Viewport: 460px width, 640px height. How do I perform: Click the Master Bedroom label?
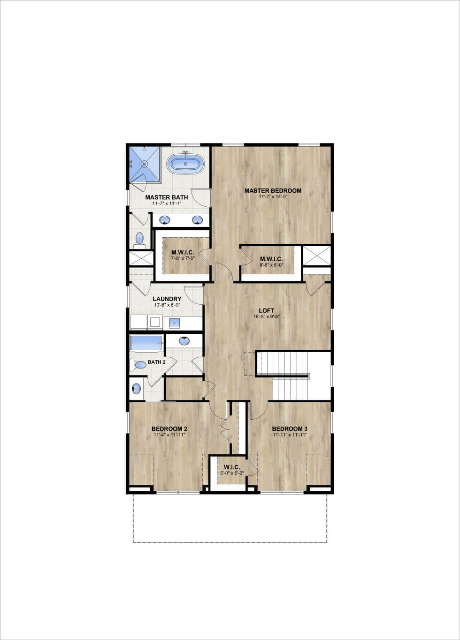(x=273, y=190)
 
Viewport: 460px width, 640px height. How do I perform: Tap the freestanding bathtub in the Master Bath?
(x=185, y=164)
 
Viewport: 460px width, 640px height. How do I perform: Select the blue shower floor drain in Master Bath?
(x=145, y=164)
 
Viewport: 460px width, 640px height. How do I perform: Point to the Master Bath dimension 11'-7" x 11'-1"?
(x=167, y=203)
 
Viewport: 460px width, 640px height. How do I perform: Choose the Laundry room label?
(x=167, y=299)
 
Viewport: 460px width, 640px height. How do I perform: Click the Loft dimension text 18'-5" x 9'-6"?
(x=266, y=316)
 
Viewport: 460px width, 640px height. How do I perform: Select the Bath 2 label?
(x=156, y=362)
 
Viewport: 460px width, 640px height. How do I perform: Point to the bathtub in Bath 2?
(x=146, y=343)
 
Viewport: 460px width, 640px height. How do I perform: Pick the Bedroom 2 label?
(x=169, y=429)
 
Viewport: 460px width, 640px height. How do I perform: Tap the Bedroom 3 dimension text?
(x=290, y=435)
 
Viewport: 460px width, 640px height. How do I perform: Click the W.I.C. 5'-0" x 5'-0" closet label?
(x=232, y=467)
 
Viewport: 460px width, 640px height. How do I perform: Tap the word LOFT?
(x=266, y=310)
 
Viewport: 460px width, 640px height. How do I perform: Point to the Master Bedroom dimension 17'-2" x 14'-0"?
(x=273, y=197)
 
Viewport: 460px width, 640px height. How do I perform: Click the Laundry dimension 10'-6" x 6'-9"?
(x=167, y=305)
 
